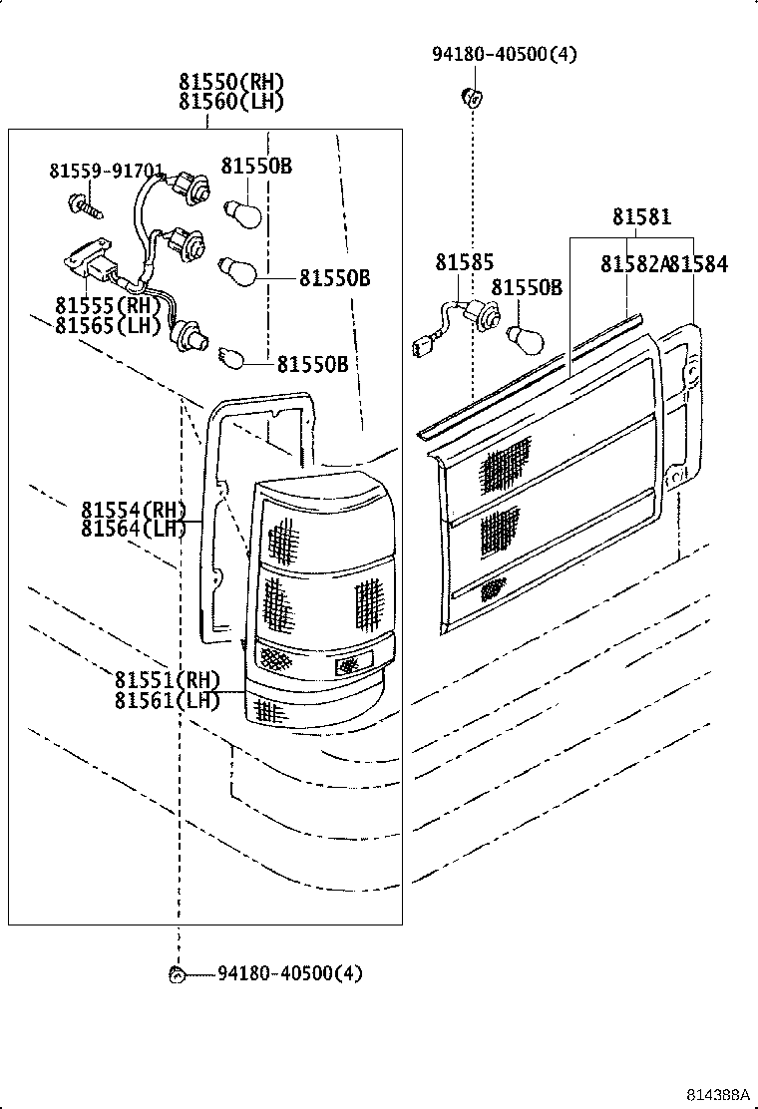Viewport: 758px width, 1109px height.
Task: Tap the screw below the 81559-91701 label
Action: click(x=82, y=207)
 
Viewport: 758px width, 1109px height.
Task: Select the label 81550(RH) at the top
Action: click(x=231, y=82)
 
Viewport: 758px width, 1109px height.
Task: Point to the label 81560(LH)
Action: click(x=231, y=101)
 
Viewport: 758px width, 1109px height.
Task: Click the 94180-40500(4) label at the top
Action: click(x=504, y=54)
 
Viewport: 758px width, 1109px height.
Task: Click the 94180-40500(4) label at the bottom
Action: click(x=290, y=972)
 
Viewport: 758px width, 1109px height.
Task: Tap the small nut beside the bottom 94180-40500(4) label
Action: click(x=177, y=974)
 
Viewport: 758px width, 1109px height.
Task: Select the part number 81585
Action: click(x=464, y=263)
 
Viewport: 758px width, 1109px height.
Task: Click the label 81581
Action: click(x=641, y=217)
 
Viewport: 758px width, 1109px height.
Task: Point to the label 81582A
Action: click(x=633, y=264)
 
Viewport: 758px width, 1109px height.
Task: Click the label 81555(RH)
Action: click(x=108, y=305)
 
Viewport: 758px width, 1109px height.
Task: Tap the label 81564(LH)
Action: click(x=135, y=529)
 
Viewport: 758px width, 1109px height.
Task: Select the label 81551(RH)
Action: click(x=167, y=680)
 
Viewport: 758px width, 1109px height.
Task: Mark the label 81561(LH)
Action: click(x=167, y=700)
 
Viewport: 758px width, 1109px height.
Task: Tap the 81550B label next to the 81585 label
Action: click(x=526, y=288)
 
